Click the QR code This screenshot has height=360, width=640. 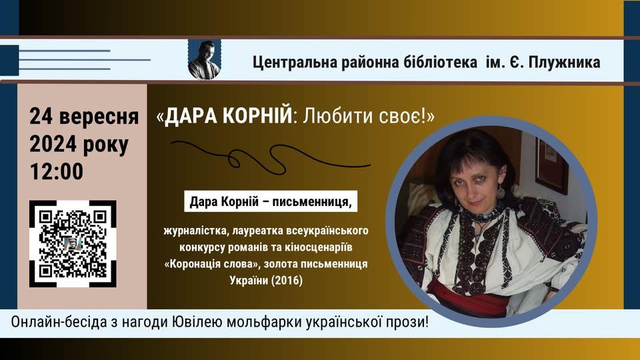point(73,244)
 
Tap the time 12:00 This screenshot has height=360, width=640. point(56,171)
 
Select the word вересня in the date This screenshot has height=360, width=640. point(99,117)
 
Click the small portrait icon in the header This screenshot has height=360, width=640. point(205,59)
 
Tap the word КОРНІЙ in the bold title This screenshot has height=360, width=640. point(257,116)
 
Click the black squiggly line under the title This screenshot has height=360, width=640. point(271,157)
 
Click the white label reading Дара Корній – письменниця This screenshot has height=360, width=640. point(271,201)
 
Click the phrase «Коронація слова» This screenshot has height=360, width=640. point(213,264)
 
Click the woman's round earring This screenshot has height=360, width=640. point(501,191)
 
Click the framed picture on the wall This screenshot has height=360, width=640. point(551,165)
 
